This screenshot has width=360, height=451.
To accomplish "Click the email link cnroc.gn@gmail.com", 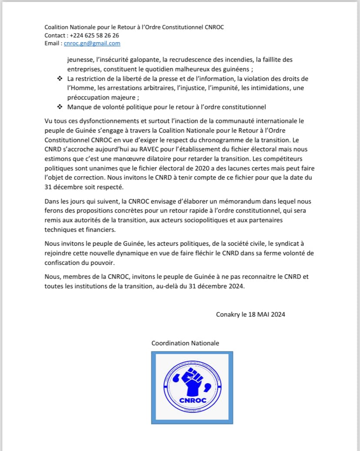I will [92, 43].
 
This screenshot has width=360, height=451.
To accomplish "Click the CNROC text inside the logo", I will [192, 401].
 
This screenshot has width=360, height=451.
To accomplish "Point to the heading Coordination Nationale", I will [185, 343].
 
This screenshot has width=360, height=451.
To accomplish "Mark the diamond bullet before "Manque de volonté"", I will [60, 107].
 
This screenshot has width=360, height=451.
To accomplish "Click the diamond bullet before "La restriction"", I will [60, 79].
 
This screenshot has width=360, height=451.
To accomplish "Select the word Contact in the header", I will [55, 35].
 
